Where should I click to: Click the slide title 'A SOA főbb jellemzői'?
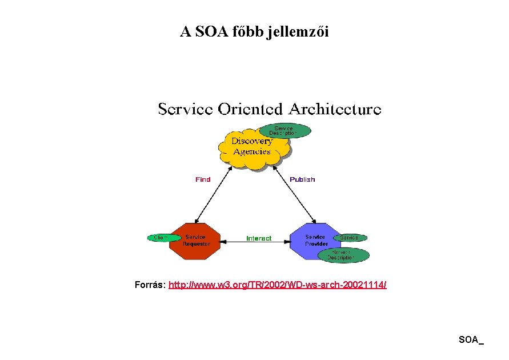click(254, 32)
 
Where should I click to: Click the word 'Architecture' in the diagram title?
click(335, 109)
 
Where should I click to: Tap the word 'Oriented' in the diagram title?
click(252, 109)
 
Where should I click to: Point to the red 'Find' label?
click(203, 179)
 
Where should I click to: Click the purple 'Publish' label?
click(302, 179)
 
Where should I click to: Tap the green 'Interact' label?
click(259, 238)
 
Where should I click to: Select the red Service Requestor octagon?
click(196, 241)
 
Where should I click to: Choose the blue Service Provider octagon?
click(315, 241)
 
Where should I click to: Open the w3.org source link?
click(278, 284)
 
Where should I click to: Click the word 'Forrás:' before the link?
click(150, 284)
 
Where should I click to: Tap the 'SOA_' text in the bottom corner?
click(471, 340)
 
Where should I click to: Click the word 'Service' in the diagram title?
click(186, 109)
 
